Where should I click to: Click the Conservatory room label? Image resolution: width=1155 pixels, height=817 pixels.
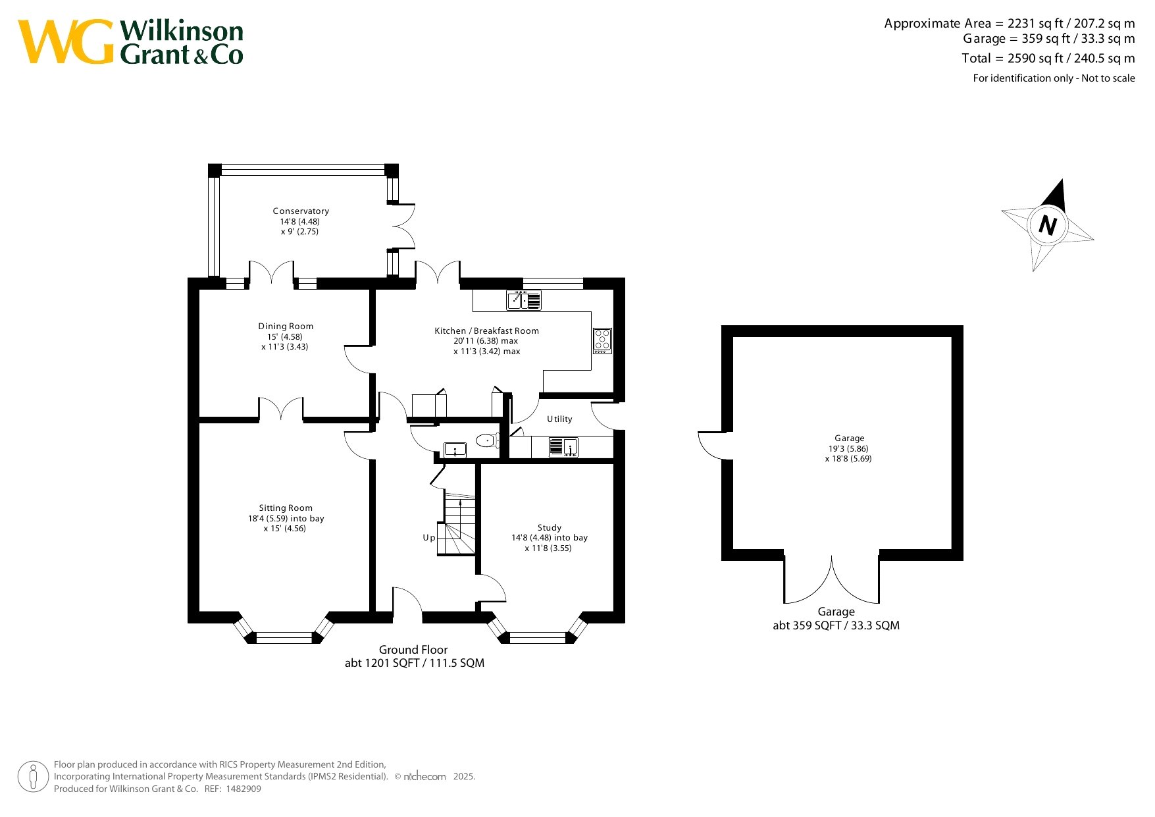click(x=301, y=211)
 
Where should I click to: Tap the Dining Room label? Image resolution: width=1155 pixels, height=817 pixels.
click(x=286, y=327)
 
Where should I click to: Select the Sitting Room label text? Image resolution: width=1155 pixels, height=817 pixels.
click(x=286, y=508)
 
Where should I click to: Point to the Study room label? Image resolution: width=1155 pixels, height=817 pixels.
click(x=550, y=528)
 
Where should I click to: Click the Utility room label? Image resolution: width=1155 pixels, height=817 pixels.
click(x=559, y=419)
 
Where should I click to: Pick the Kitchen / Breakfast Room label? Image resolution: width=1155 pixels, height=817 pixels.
click(x=486, y=331)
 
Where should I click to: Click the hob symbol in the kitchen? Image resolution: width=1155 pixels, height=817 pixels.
click(x=602, y=341)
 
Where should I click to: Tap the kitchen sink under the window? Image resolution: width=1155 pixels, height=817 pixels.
click(x=524, y=300)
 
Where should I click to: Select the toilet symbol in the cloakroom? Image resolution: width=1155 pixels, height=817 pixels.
click(x=488, y=440)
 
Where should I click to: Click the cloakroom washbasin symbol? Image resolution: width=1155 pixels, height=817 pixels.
click(x=455, y=450)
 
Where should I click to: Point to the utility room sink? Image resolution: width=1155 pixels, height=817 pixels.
click(x=563, y=447)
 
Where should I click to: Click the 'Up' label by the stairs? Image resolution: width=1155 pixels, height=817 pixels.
click(x=428, y=538)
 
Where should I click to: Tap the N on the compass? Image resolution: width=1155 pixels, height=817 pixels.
click(x=1047, y=226)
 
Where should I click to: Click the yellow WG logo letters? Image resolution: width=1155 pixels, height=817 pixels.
click(x=66, y=42)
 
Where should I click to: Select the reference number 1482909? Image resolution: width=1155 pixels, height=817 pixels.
click(x=244, y=789)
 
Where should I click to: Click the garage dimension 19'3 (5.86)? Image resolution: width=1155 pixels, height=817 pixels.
click(x=849, y=449)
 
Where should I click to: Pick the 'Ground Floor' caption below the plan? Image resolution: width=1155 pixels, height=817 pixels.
click(x=413, y=650)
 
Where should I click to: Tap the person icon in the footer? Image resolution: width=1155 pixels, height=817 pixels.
click(x=34, y=777)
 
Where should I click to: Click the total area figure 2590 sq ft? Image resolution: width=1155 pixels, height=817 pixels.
click(x=1035, y=59)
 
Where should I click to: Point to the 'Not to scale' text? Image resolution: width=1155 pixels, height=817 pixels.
click(x=1108, y=78)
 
